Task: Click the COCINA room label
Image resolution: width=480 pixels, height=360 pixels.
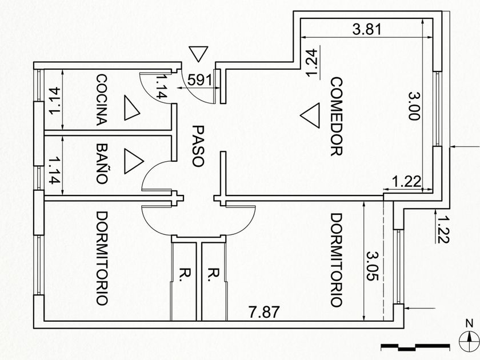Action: point(102,100)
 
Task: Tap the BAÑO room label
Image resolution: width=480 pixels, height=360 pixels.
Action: point(102,164)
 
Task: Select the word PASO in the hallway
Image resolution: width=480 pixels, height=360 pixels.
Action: point(198,145)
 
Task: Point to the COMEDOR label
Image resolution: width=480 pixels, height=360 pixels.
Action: point(337,117)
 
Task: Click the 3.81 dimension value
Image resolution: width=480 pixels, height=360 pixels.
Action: point(367,29)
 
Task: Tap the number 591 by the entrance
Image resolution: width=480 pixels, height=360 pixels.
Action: point(199,80)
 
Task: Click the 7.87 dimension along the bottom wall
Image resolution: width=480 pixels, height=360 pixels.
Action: point(264,312)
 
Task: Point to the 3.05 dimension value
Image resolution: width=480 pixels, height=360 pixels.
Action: point(373,266)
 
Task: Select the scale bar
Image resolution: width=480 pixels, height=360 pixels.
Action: point(415,347)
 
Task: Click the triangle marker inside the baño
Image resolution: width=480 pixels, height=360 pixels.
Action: point(133,161)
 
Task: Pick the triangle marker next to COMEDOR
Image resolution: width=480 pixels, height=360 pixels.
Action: point(310,115)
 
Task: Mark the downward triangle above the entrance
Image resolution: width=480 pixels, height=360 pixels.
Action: point(198,54)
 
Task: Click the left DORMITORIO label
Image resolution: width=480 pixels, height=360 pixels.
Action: point(102,258)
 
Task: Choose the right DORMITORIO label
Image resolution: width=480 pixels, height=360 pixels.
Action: point(337,260)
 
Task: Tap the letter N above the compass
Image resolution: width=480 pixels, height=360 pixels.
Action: point(469,323)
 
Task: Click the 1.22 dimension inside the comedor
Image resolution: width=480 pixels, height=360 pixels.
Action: point(406,182)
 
